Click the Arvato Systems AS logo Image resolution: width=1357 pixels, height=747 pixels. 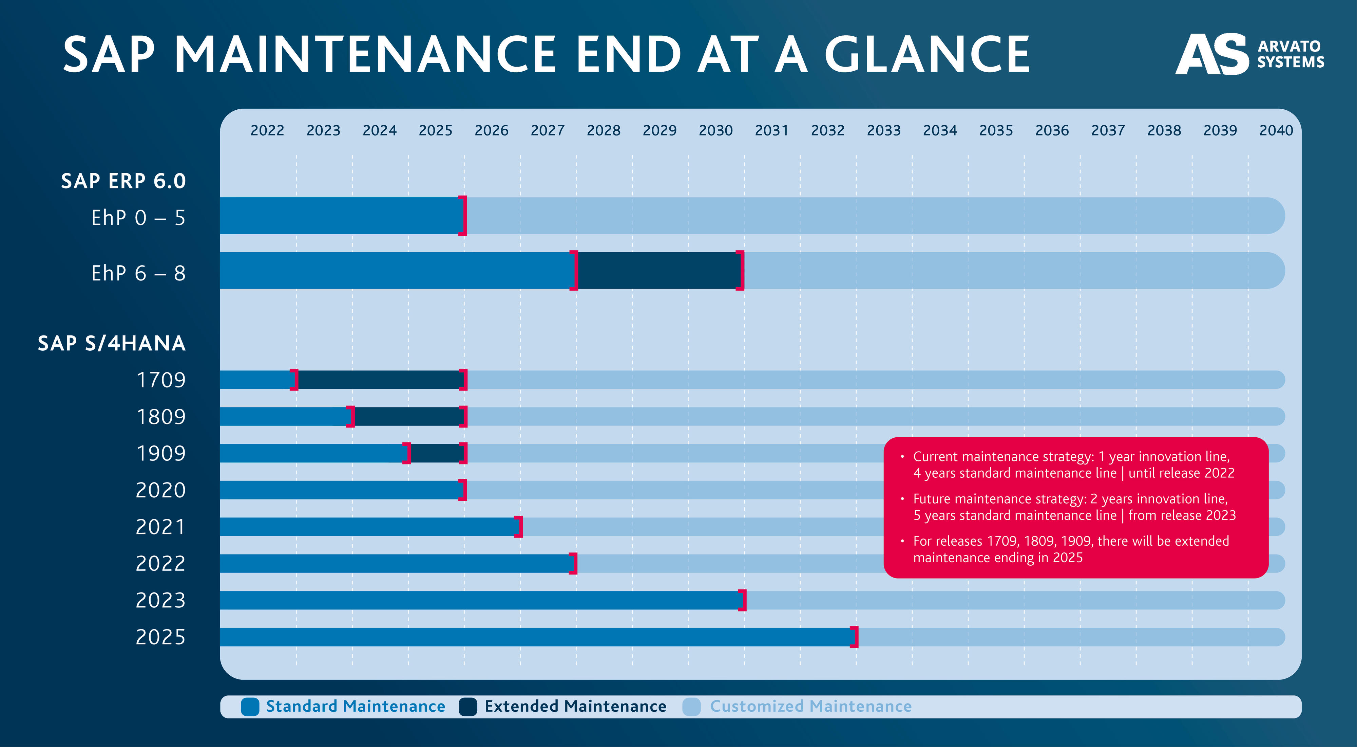pos(1211,54)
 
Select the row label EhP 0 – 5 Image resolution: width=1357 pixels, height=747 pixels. pos(138,218)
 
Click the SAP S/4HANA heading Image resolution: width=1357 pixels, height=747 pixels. pos(112,343)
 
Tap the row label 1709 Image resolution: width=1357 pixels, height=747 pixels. pos(161,380)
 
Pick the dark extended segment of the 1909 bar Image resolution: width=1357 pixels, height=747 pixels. pos(436,453)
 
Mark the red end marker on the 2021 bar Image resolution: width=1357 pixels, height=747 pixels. pos(519,527)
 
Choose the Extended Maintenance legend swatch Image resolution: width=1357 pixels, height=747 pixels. pos(467,706)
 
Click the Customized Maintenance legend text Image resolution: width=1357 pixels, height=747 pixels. pos(810,706)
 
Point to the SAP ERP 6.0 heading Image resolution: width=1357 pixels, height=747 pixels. pos(123,181)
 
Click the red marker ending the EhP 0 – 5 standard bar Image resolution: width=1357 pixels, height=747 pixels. pos(462,216)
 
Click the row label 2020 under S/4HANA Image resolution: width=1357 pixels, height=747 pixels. pos(161,490)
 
